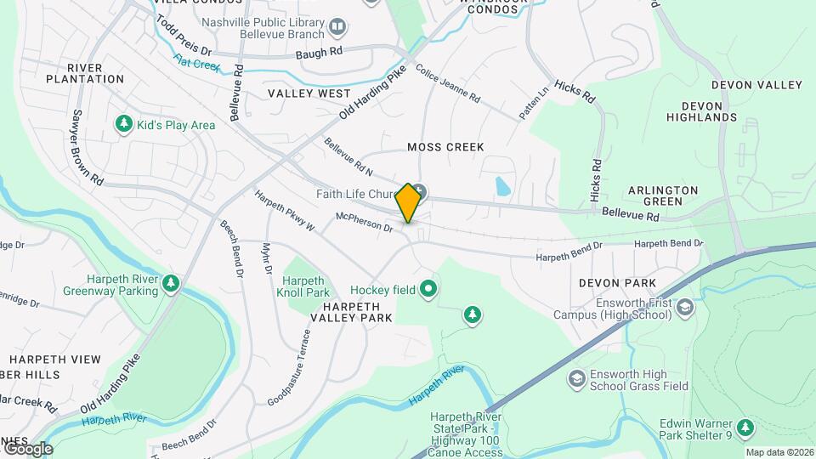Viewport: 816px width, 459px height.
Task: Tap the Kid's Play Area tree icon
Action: [x=124, y=125]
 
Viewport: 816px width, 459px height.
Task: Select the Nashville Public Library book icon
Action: [x=338, y=28]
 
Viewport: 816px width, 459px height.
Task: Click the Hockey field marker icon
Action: [x=429, y=290]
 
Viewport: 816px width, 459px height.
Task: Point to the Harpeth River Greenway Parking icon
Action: [x=172, y=283]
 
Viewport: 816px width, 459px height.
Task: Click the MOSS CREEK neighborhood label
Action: [x=445, y=147]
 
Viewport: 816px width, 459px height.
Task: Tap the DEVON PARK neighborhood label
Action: [x=617, y=282]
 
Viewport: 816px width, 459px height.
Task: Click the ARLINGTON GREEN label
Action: [x=663, y=195]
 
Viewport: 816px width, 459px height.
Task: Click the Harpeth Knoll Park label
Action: [x=303, y=286]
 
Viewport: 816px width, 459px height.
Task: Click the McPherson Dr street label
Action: [x=364, y=223]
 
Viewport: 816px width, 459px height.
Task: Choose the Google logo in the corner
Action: [x=27, y=448]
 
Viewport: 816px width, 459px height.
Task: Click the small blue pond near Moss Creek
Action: [x=502, y=186]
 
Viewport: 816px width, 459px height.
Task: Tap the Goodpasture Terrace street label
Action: [x=289, y=367]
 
